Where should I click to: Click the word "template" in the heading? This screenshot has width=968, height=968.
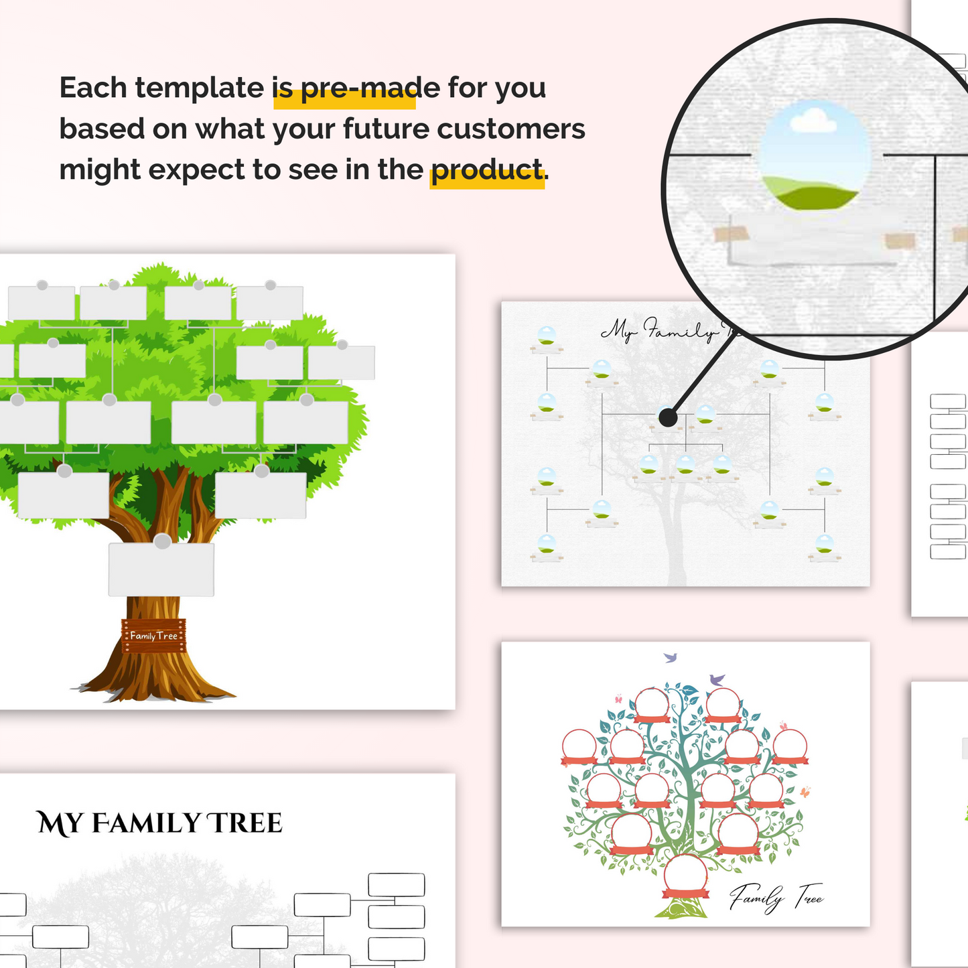[x=200, y=88]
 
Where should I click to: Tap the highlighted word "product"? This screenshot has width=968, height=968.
[x=486, y=170]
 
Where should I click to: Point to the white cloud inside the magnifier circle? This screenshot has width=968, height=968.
[x=813, y=121]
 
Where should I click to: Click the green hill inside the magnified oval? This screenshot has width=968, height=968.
[x=811, y=194]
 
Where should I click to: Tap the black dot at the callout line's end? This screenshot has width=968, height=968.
[x=668, y=417]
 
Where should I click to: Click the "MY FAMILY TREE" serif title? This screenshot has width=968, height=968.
[x=159, y=823]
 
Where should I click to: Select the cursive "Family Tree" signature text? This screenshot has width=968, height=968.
[x=776, y=896]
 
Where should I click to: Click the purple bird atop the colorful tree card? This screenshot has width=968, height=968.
[x=717, y=679]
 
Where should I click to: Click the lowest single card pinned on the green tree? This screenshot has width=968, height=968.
[x=161, y=569]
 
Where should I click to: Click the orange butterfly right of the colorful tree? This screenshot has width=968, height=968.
[x=805, y=792]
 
